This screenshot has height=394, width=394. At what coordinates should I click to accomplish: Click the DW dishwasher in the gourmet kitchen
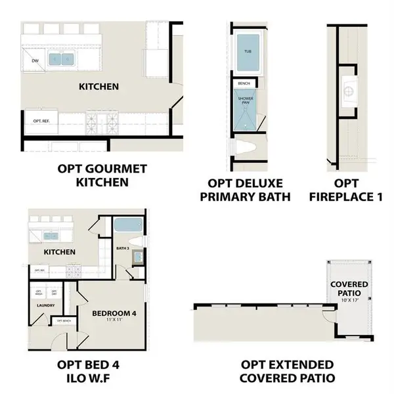pyautogui.click(x=35, y=60)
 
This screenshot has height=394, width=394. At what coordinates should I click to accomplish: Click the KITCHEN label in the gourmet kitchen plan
pyautogui.click(x=98, y=87)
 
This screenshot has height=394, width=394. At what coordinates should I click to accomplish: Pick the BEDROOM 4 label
pyautogui.click(x=114, y=314)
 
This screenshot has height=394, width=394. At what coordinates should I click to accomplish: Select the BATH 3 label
pyautogui.click(x=123, y=248)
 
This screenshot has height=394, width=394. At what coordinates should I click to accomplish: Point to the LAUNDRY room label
pyautogui.click(x=44, y=305)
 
